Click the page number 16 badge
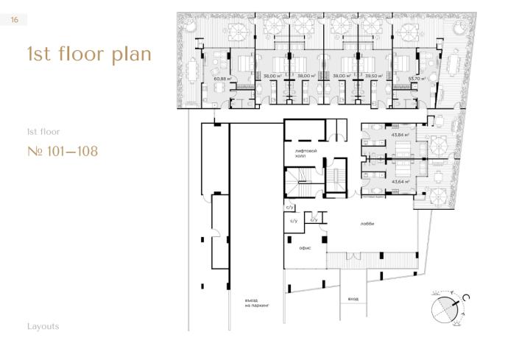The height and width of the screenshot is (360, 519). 13,21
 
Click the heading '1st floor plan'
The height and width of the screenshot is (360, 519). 88,54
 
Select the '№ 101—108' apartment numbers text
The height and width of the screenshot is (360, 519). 62,152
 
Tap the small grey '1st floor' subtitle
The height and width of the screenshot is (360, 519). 42,131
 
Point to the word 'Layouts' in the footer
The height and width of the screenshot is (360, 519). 43,326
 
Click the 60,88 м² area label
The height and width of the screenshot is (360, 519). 222,77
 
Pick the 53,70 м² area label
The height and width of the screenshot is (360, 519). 408,75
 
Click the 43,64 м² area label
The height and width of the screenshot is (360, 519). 400,182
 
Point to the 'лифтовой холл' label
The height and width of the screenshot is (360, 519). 306,152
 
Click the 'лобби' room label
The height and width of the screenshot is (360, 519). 367,225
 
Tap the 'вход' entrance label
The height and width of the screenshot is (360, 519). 353,299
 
